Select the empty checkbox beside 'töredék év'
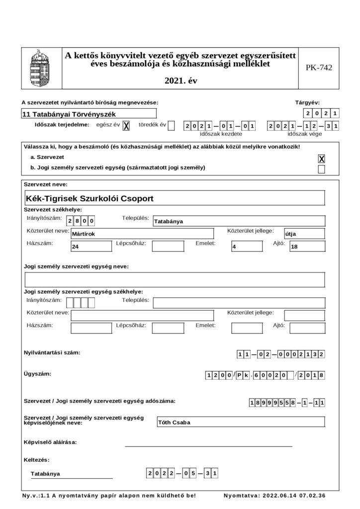tap(172, 126)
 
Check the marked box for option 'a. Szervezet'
tap(321, 159)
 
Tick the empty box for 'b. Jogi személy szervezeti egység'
tap(321, 169)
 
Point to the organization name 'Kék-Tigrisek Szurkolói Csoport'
tap(90, 198)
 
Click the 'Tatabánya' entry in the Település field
tap(169, 222)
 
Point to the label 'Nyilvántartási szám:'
tap(52, 352)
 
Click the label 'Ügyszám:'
tap(37, 373)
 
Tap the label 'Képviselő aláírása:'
tap(50, 442)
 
